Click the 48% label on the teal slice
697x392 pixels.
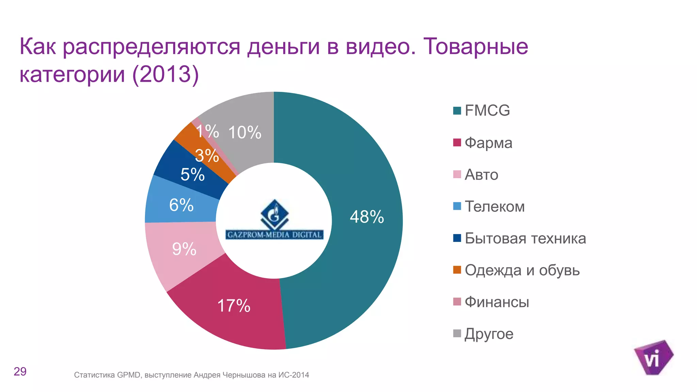(x=367, y=217)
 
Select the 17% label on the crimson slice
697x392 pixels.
(x=234, y=306)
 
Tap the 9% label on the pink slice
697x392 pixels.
(x=184, y=249)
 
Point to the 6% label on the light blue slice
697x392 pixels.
(x=181, y=205)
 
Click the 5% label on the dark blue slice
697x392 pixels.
(x=192, y=175)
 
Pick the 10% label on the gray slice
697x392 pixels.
(x=245, y=132)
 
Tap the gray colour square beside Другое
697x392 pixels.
(x=457, y=333)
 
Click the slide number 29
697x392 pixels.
(x=20, y=372)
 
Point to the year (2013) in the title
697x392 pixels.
(x=165, y=74)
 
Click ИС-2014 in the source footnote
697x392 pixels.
(x=294, y=375)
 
